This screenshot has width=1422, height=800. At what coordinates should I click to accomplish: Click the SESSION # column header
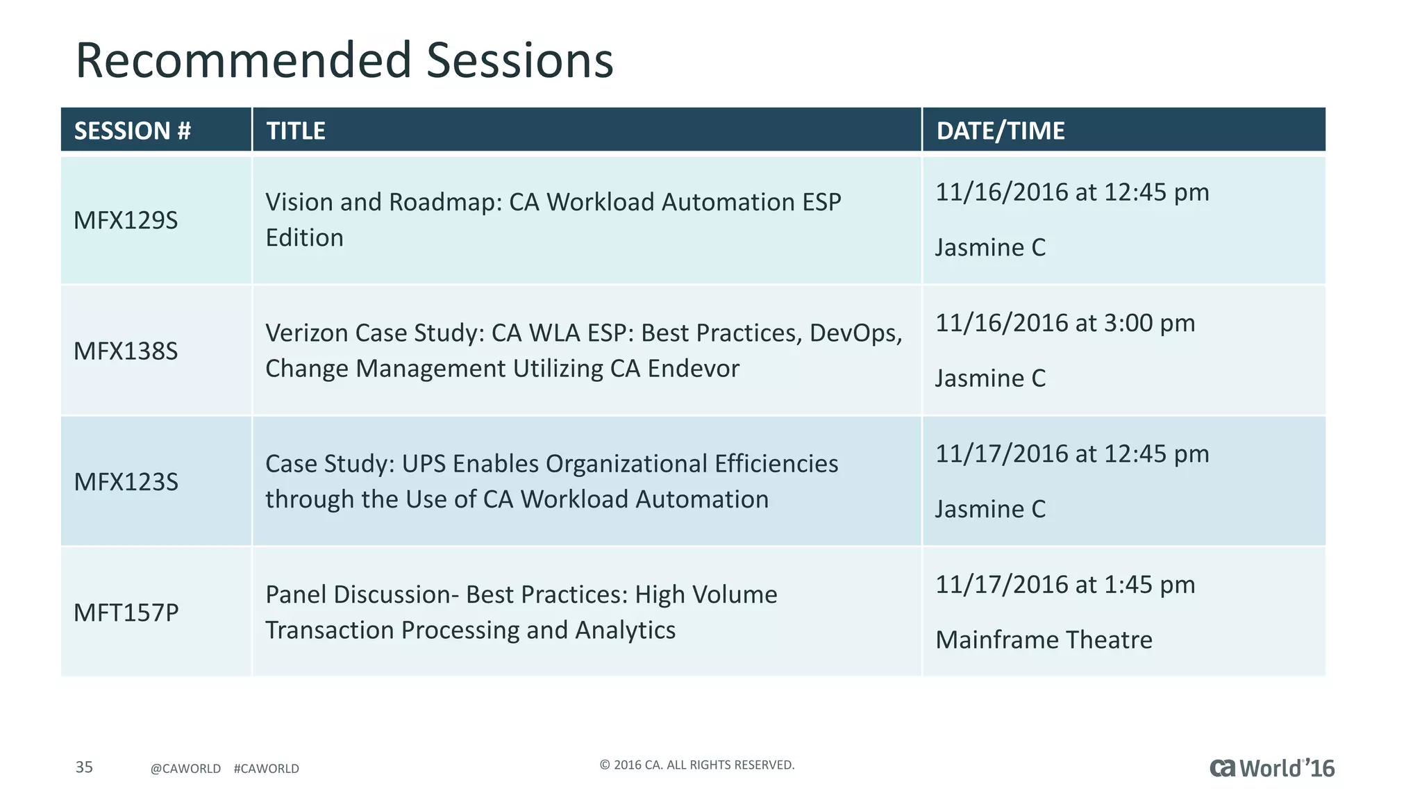pyautogui.click(x=132, y=131)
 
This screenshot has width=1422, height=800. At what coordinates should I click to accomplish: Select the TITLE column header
pyautogui.click(x=296, y=131)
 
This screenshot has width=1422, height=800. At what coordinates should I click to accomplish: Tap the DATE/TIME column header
pyautogui.click(x=1000, y=131)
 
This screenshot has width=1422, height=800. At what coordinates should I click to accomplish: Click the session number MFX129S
pyautogui.click(x=126, y=220)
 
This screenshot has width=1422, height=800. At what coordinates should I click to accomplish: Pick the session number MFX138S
pyautogui.click(x=126, y=351)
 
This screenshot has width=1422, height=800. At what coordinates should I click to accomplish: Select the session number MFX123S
pyautogui.click(x=126, y=481)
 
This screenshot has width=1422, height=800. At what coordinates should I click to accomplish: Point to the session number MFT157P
pyautogui.click(x=126, y=612)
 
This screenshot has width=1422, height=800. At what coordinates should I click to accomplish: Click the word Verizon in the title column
pyautogui.click(x=306, y=333)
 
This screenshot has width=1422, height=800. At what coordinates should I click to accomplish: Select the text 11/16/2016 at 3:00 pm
pyautogui.click(x=1064, y=323)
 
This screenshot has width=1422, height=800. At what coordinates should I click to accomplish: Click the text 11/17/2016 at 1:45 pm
pyautogui.click(x=1064, y=585)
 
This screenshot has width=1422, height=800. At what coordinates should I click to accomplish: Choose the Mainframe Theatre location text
pyautogui.click(x=1044, y=640)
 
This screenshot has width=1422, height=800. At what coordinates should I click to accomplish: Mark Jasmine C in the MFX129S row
pyautogui.click(x=990, y=247)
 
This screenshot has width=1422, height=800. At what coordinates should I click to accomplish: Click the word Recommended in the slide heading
pyautogui.click(x=243, y=60)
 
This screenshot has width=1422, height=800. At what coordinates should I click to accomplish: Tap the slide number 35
pyautogui.click(x=84, y=767)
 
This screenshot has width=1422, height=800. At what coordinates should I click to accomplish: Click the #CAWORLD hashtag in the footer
pyautogui.click(x=266, y=769)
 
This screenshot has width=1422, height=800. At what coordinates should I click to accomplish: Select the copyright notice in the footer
pyautogui.click(x=696, y=765)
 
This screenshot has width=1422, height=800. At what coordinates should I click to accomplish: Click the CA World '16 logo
pyautogui.click(x=1271, y=768)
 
